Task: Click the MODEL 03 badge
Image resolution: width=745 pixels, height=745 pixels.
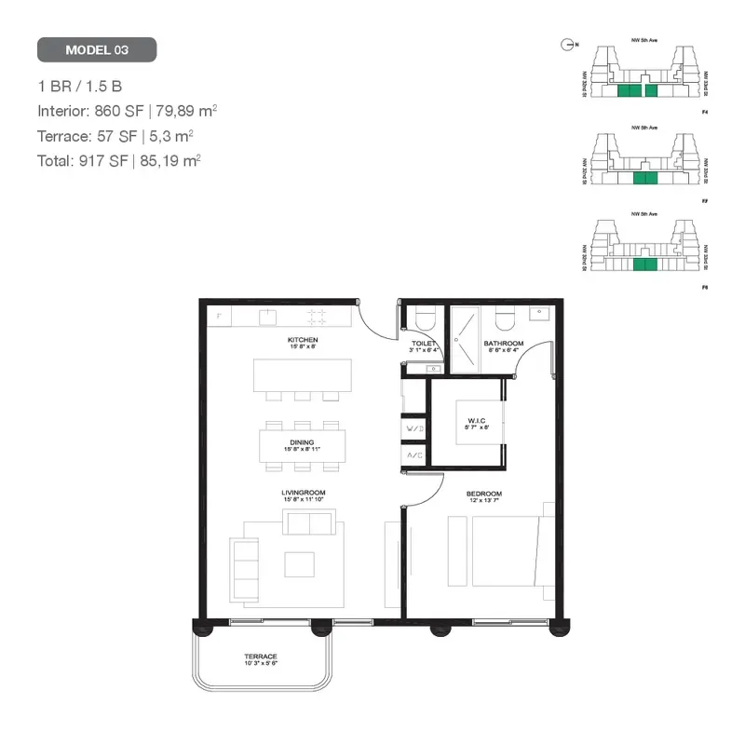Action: coord(97,49)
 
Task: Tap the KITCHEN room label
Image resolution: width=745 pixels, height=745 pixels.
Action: coord(303,341)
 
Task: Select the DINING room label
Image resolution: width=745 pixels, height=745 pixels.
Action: coord(302,443)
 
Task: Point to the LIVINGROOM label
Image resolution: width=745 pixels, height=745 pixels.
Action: coord(303,494)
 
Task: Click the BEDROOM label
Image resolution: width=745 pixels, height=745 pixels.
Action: coord(484,494)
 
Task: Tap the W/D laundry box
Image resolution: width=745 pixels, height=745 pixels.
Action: coord(413,429)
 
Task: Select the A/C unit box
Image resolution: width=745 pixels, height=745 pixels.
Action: coord(413,455)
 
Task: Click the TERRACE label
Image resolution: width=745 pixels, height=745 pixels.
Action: coord(261,657)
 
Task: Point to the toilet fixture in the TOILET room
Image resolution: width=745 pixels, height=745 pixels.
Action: coord(425,319)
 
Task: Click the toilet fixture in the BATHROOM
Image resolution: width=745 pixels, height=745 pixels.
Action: coord(506,319)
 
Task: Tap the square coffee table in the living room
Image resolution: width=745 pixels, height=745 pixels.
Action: coord(300,564)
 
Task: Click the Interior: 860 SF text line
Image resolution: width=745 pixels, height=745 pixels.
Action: coord(128,111)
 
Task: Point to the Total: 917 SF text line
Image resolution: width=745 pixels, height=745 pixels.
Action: coord(119,160)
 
